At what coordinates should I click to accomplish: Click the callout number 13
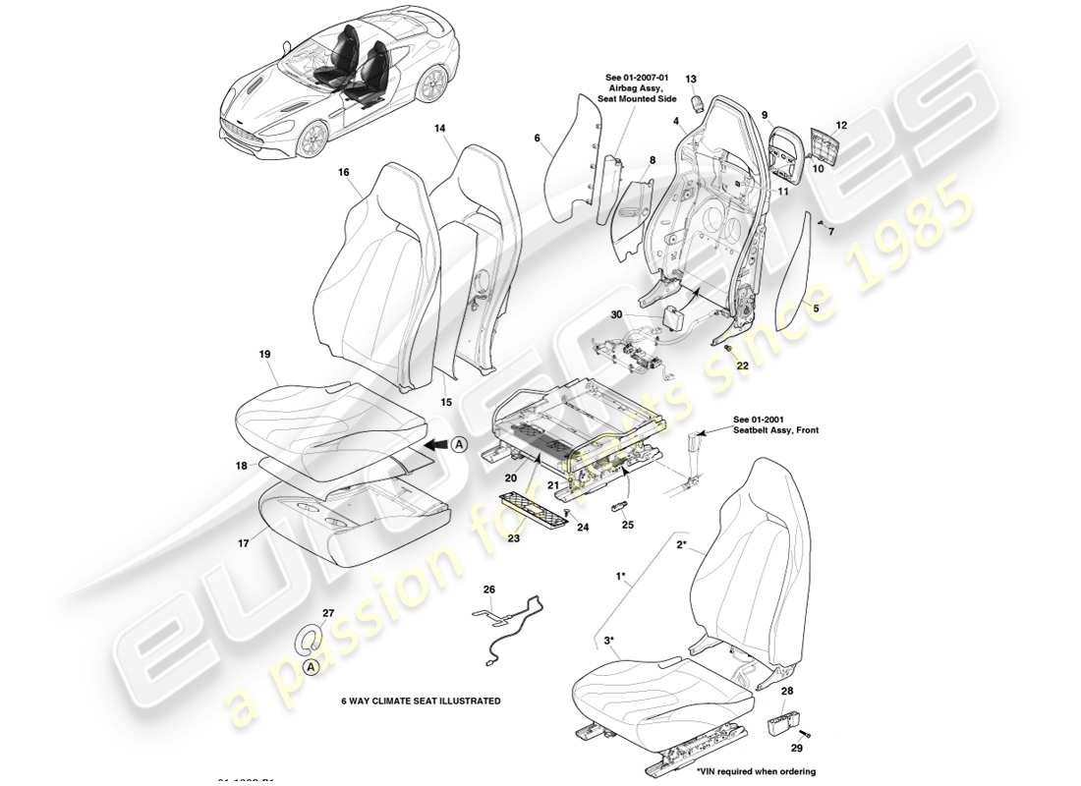point(690,78)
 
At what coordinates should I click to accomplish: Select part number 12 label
point(840,125)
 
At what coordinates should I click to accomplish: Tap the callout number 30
point(616,314)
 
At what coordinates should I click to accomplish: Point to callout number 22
point(743,365)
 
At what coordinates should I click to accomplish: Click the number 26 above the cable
point(489,589)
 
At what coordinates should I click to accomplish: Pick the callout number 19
point(265,353)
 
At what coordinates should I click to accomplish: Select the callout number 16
point(344,172)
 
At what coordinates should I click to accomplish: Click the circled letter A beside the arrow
point(458,445)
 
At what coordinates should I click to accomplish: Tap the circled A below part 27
point(311,666)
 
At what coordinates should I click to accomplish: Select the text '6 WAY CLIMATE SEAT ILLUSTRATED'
point(421,702)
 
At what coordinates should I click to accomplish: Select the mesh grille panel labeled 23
point(536,508)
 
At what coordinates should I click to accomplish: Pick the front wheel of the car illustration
point(313,140)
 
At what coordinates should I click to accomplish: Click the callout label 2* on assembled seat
point(681,541)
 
